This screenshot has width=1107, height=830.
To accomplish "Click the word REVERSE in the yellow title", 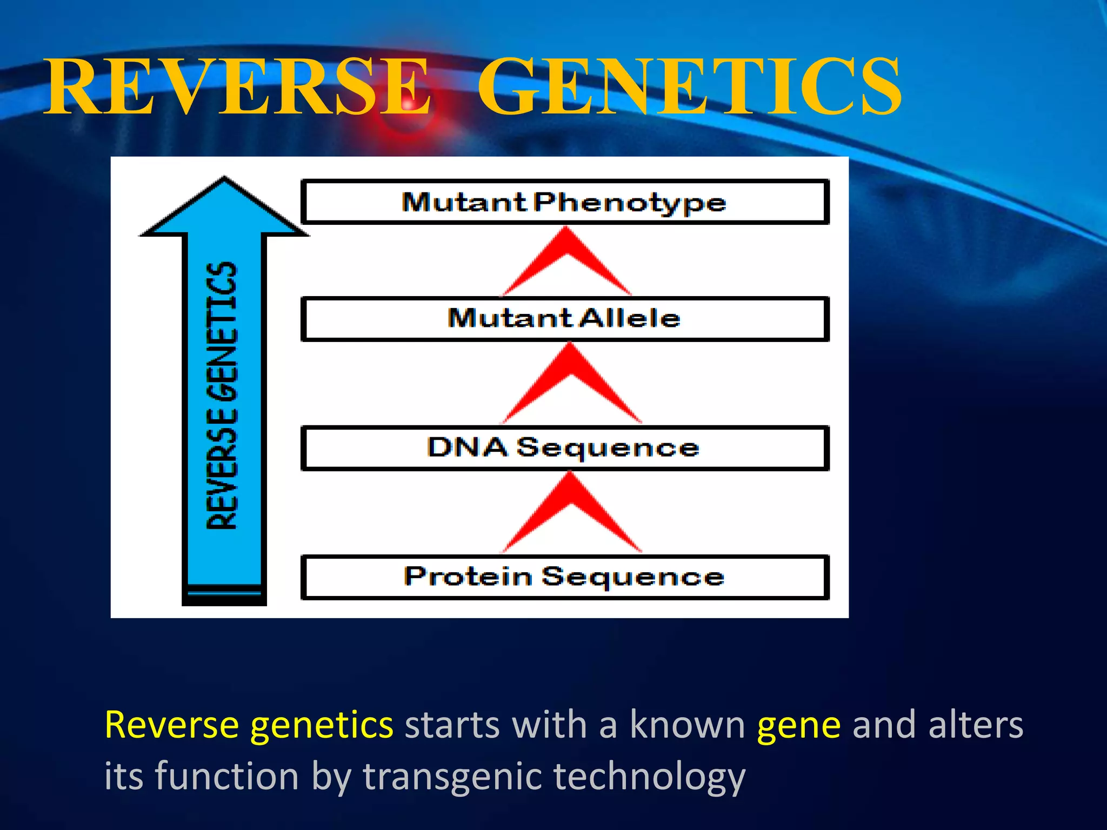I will [238, 86].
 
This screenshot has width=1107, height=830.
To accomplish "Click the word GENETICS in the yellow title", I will [689, 86].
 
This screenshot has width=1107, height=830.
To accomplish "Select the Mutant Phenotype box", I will [564, 202].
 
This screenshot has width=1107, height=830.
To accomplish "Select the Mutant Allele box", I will [564, 318].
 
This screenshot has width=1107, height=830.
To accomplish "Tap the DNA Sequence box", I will [564, 448].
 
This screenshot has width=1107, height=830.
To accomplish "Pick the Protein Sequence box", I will [564, 577].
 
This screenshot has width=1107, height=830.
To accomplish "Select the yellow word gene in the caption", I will [798, 725].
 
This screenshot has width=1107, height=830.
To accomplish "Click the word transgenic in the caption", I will [452, 777].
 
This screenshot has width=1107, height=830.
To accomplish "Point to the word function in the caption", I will [227, 777].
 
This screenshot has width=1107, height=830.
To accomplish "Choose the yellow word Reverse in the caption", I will [171, 725].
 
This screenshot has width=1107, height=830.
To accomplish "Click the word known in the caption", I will [687, 725].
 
